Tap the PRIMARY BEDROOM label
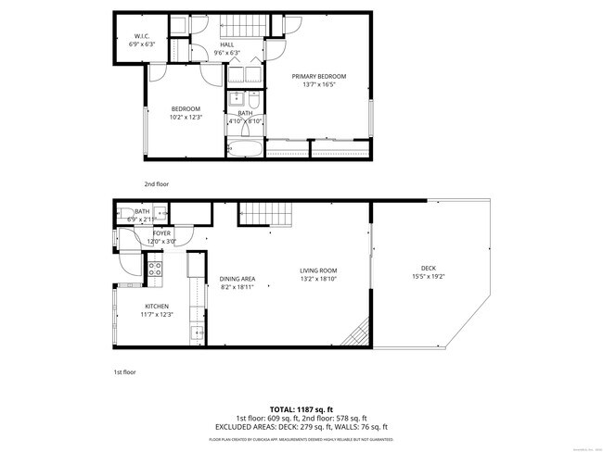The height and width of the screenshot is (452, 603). [x=318, y=76]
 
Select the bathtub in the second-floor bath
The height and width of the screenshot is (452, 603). [x=245, y=148]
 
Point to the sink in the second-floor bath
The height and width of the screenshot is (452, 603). [x=236, y=98]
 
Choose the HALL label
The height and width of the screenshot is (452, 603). [x=226, y=45]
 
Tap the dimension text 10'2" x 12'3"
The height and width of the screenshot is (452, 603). [x=186, y=118]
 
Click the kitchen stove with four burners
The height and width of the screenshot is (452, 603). [x=156, y=270]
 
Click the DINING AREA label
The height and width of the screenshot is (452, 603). [x=237, y=278]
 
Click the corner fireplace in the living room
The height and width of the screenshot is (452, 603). [x=356, y=335]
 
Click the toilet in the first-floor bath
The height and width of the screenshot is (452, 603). [x=124, y=214]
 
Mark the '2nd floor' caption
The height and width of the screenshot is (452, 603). [x=156, y=183]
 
